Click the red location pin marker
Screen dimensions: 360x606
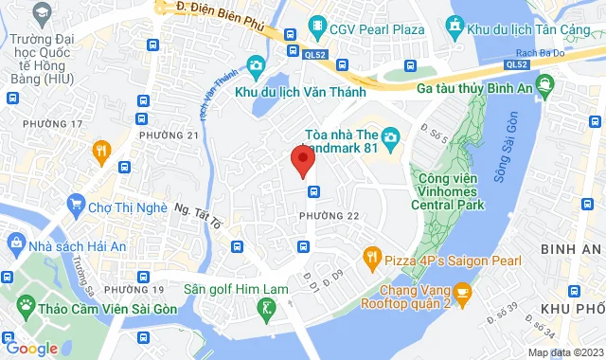(x=301, y=161)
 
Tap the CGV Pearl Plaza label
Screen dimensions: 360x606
(x=370, y=29)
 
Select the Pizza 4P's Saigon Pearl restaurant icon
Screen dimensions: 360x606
(x=372, y=256)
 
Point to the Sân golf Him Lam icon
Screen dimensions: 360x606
(x=269, y=307)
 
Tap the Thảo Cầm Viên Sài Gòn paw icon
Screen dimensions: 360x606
(x=26, y=306)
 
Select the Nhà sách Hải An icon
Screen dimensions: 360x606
(x=16, y=243)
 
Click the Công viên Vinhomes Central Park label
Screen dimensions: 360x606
(x=450, y=189)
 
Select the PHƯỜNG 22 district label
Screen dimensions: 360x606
(x=329, y=217)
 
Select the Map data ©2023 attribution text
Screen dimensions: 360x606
(x=564, y=352)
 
